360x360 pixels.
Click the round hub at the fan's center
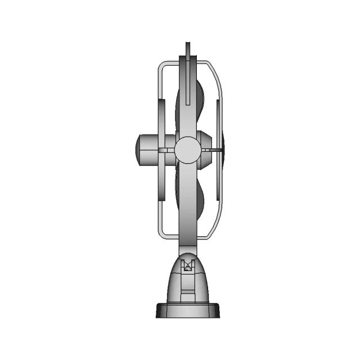coord(187,150)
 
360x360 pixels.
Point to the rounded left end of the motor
coord(138,150)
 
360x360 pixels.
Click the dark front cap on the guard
coord(223,150)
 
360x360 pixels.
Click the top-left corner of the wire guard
coord(161,65)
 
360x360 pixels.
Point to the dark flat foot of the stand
coord(188,310)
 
